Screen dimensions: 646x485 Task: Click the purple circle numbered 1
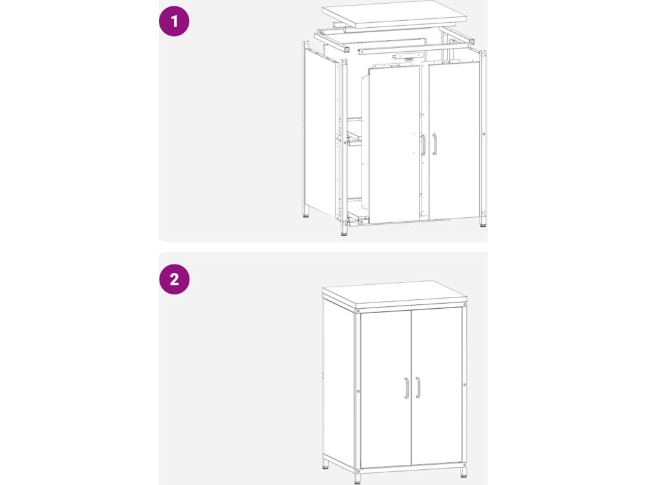pos(174,21)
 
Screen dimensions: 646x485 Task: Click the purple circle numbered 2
pos(174,279)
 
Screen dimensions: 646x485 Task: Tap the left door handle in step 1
pos(423,145)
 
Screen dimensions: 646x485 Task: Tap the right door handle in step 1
pos(434,144)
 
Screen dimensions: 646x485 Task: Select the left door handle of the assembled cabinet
pos(406,388)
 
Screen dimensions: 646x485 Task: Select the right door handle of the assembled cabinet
pos(418,387)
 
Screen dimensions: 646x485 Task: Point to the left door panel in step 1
pos(394,145)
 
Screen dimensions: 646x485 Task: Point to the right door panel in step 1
pos(454,140)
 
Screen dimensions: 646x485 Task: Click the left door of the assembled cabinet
pos(386,389)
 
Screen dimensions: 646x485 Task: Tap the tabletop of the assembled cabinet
pos(394,296)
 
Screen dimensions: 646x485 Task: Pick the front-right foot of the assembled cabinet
pos(464,472)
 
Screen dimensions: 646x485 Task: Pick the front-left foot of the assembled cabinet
pos(357,478)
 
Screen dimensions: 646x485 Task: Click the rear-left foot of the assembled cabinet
pos(326,465)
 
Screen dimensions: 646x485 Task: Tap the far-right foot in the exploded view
pos(483,222)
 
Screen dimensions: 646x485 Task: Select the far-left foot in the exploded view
pos(306,212)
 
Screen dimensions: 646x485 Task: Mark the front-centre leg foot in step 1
pos(344,230)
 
